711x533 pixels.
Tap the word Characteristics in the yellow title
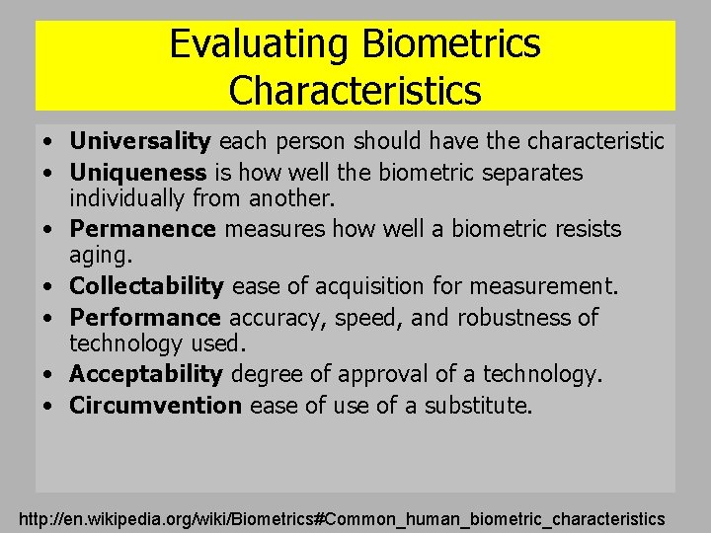pos(355,90)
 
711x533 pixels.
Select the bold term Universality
pos(140,141)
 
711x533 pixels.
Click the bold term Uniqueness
pos(137,173)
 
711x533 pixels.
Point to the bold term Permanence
pos(142,229)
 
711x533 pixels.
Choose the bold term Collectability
pos(146,286)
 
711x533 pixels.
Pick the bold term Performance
pos(145,317)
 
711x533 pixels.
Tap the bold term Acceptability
pos(146,374)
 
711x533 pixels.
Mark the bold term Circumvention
pos(155,405)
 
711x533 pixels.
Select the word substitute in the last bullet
pos(478,405)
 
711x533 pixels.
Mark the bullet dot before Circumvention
pos(47,407)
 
